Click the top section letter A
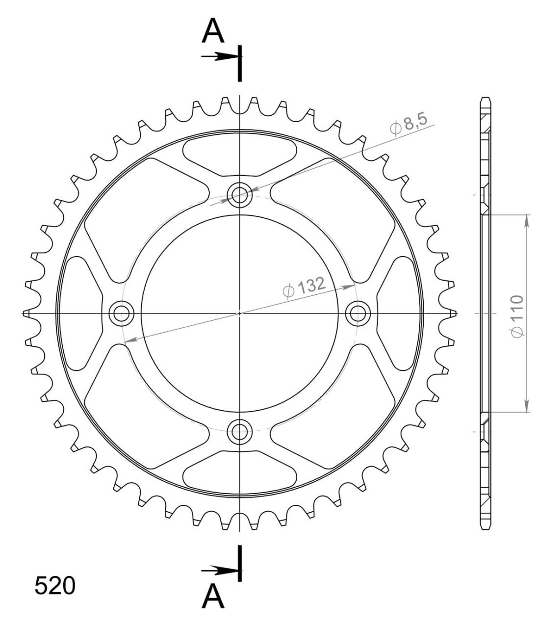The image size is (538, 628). click(213, 31)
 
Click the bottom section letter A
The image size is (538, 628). click(213, 597)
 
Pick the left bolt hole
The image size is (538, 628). click(122, 313)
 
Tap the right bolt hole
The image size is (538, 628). click(358, 313)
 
